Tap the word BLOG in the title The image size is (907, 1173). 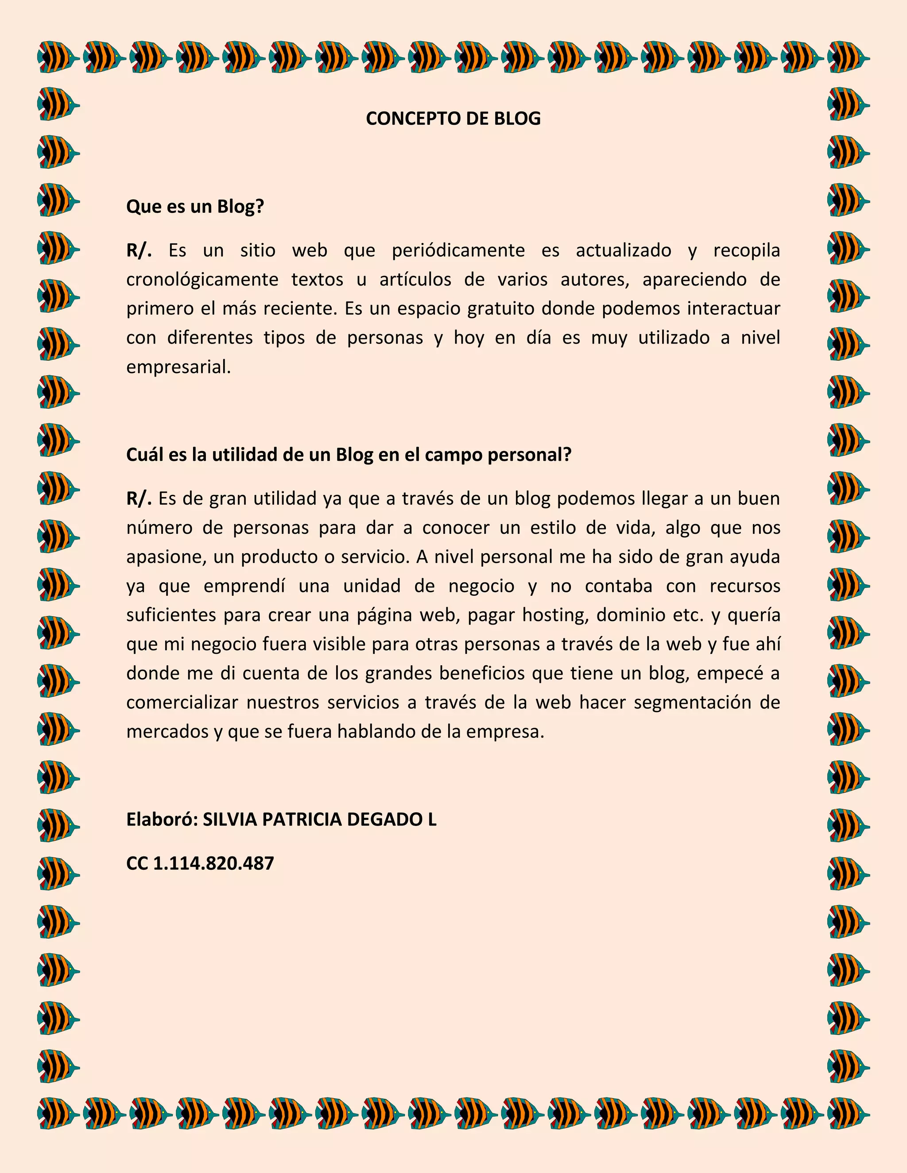tap(517, 119)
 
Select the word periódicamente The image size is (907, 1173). tap(458, 250)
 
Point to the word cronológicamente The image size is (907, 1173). tap(202, 280)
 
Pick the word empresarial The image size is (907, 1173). tap(178, 367)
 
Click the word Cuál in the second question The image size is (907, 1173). tap(144, 455)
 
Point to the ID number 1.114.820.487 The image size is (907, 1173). tap(214, 864)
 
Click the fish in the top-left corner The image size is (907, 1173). tap(58, 57)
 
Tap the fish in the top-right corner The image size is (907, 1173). tap(848, 57)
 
